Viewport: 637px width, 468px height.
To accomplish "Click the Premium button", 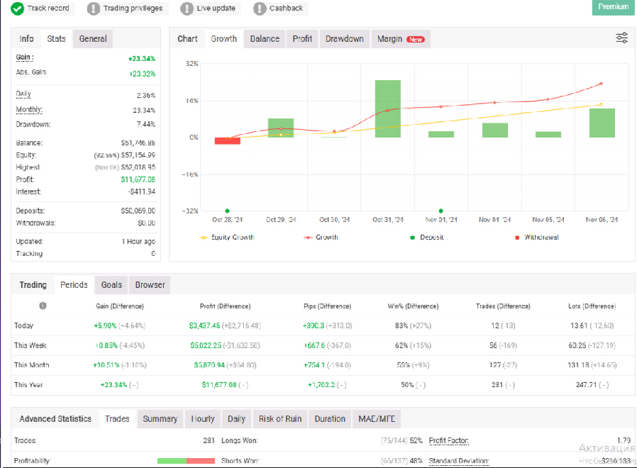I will [613, 7].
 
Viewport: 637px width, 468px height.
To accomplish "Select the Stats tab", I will [56, 39].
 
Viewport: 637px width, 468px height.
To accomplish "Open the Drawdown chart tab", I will [344, 39].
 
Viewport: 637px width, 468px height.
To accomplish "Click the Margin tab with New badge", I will [400, 39].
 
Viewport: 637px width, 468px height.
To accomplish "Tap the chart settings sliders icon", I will [621, 38].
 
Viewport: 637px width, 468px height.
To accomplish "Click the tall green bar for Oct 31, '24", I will [388, 108].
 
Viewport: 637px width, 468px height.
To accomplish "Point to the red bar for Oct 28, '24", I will [228, 140].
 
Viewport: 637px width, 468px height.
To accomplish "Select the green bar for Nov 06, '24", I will [602, 123].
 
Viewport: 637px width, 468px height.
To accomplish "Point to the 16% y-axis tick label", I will [192, 101].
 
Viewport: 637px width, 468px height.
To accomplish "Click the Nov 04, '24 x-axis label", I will [495, 220].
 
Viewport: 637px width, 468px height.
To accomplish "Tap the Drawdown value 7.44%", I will [145, 124].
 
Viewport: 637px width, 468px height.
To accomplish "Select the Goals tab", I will [111, 285].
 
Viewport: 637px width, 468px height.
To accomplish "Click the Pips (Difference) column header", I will [326, 306].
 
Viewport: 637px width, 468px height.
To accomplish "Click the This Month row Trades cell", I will [502, 365].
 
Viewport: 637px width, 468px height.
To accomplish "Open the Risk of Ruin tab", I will [280, 419].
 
